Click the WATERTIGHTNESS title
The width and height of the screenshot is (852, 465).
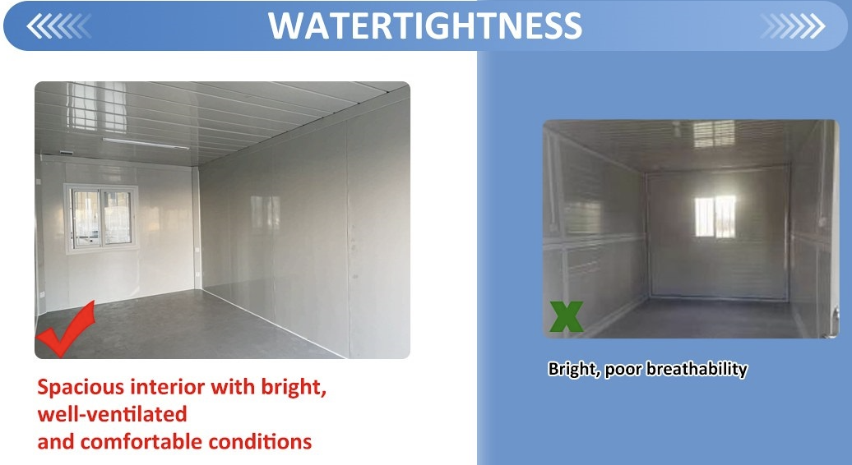pyautogui.click(x=425, y=25)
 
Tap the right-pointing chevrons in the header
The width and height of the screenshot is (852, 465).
pyautogui.click(x=791, y=26)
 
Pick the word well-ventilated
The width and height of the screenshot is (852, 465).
pyautogui.click(x=112, y=414)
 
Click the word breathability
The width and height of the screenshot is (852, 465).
pyautogui.click(x=697, y=369)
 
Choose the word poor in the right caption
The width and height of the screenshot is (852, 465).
pyautogui.click(x=623, y=369)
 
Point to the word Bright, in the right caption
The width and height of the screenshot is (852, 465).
pyautogui.click(x=574, y=369)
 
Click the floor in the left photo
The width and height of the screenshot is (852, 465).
pyautogui.click(x=181, y=329)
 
